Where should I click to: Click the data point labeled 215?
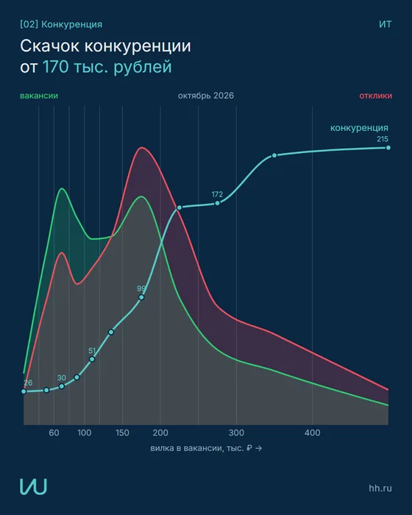coord(388,148)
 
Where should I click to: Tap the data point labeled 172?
coord(217,203)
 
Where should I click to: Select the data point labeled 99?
coord(141,297)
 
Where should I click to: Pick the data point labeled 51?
coord(92,359)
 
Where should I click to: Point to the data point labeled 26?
coord(24,391)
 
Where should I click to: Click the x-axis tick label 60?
coord(54,433)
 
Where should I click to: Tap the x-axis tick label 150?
coord(122,433)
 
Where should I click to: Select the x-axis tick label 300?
coord(236,433)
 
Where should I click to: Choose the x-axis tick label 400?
coord(312,433)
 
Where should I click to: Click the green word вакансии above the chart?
coord(39,96)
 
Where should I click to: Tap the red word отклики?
coord(375,96)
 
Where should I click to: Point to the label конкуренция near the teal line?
coord(359,128)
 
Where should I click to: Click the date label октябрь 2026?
coord(206,96)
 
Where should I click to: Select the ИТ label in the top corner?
coord(386,24)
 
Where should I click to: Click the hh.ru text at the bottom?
coord(380,488)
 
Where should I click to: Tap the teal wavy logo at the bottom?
coord(33,486)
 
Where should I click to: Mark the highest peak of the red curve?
coord(142,147)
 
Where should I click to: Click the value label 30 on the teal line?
coord(62,377)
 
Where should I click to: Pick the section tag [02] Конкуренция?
coord(61,24)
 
